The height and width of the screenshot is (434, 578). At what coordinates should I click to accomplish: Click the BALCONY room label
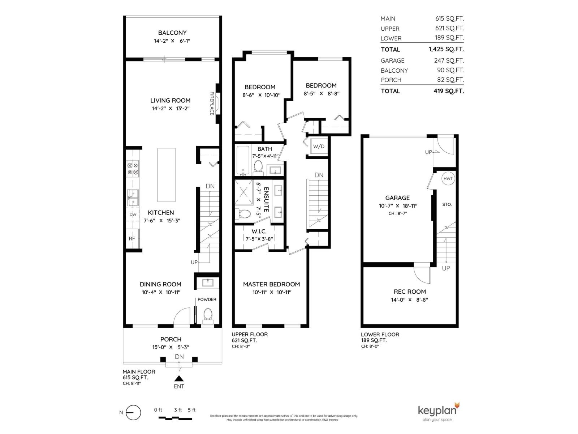point(172,33)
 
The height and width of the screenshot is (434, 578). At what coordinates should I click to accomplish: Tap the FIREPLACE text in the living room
point(212,103)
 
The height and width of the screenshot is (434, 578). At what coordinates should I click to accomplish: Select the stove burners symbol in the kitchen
point(133,169)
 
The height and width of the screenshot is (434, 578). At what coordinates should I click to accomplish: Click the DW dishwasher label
point(133,214)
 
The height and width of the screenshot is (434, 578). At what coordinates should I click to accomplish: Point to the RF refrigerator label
point(132,239)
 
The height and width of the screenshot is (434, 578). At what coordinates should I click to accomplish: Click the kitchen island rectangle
point(166,175)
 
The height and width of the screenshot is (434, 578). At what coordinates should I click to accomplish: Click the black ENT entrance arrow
point(179,378)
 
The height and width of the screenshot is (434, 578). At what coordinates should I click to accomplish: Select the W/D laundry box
point(319,146)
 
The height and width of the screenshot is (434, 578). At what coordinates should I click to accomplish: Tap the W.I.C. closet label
point(259,231)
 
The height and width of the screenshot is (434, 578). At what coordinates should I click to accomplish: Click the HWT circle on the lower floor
point(448,179)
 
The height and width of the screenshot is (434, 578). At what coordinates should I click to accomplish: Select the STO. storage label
point(447,204)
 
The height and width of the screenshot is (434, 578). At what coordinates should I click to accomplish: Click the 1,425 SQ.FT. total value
point(446,49)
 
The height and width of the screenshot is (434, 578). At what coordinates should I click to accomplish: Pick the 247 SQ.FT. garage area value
point(449,60)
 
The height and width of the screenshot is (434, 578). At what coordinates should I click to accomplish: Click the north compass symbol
point(133,412)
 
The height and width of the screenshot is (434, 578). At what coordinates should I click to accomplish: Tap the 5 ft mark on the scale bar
point(191,410)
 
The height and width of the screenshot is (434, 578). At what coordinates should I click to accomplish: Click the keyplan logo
point(439,412)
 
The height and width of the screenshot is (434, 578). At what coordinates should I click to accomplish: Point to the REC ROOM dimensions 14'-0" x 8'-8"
point(409,299)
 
